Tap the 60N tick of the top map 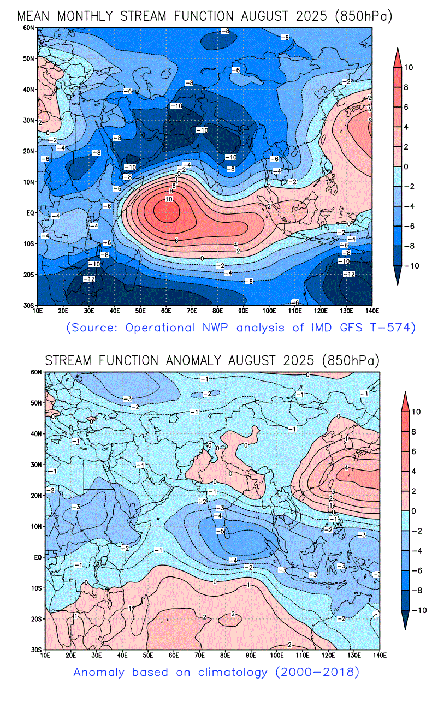(28, 27)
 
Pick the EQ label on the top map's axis (30, 213)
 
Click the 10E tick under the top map (38, 311)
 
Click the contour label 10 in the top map (168, 200)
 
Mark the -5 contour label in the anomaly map (220, 531)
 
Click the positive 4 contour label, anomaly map (346, 468)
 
